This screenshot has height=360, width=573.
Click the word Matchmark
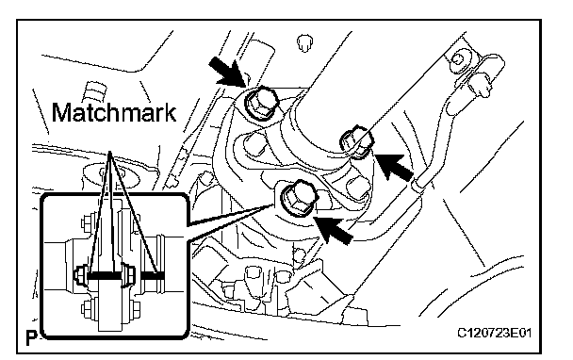(114, 112)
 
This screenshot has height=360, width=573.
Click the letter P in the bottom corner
(32, 338)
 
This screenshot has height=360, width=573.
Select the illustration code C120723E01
(494, 333)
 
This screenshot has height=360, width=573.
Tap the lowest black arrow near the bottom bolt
(333, 230)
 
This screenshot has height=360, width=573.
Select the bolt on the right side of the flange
(356, 142)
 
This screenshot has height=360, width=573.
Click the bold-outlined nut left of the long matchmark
(80, 276)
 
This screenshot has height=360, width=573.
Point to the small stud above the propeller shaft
(304, 43)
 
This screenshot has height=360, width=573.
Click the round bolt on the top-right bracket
(457, 58)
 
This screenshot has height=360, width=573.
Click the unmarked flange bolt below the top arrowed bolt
(255, 142)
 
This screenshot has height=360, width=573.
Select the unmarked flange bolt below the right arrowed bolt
(356, 188)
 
